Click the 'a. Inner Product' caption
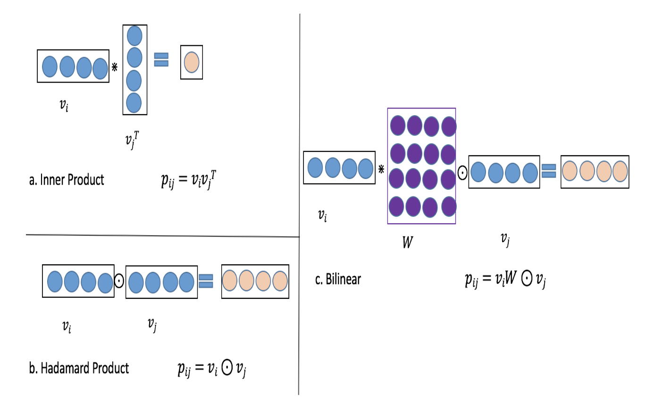click(67, 180)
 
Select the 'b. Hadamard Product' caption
click(79, 368)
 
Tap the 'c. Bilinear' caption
click(338, 279)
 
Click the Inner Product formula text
click(187, 181)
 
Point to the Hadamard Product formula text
click(212, 369)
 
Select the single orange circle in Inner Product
click(192, 62)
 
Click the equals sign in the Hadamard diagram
click(206, 281)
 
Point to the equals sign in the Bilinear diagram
click(548, 171)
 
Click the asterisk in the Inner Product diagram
click(114, 67)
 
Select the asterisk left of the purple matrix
click(381, 167)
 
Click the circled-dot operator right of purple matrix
click(462, 173)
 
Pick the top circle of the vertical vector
click(134, 36)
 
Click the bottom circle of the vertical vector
click(134, 102)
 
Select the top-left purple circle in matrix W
click(397, 126)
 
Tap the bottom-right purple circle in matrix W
click(449, 206)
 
